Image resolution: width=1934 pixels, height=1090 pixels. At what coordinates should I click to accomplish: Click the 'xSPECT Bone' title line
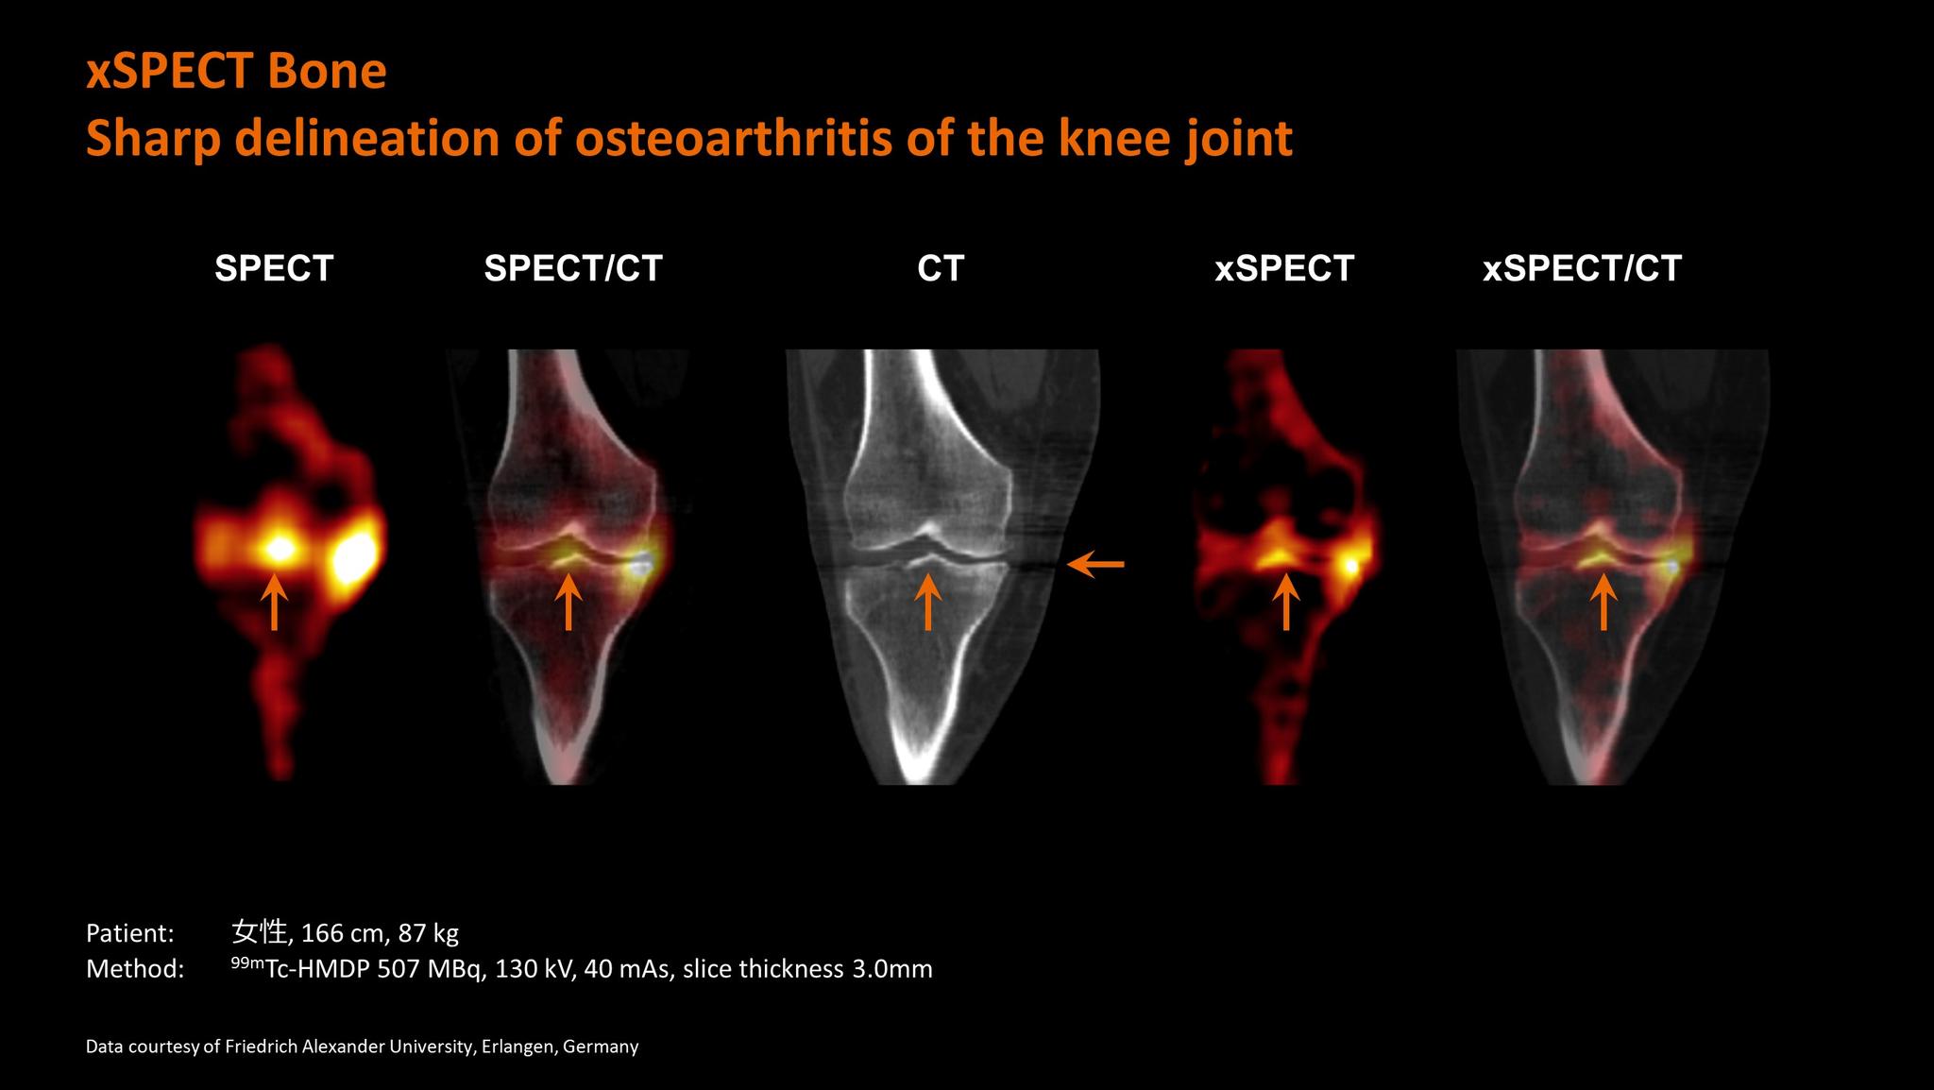236,72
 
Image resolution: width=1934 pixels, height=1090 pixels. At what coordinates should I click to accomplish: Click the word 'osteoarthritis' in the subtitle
733,139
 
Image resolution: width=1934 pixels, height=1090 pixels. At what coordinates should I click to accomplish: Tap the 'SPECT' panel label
274,268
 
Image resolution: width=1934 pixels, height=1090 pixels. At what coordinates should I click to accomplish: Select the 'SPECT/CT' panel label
573,268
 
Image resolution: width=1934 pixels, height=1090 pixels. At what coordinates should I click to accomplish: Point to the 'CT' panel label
940,268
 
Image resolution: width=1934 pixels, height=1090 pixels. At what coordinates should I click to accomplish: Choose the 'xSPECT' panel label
1284,268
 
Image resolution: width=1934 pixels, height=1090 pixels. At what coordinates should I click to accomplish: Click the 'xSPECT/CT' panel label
1582,268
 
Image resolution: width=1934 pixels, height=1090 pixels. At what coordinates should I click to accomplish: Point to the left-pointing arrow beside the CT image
1095,565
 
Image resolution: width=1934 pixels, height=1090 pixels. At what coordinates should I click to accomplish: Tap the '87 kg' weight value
428,934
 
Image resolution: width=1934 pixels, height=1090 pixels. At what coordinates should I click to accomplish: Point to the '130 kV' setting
535,969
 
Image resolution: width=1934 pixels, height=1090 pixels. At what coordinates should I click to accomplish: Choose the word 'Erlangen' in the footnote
517,1047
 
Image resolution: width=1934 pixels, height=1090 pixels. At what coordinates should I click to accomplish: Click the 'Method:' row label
134,969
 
